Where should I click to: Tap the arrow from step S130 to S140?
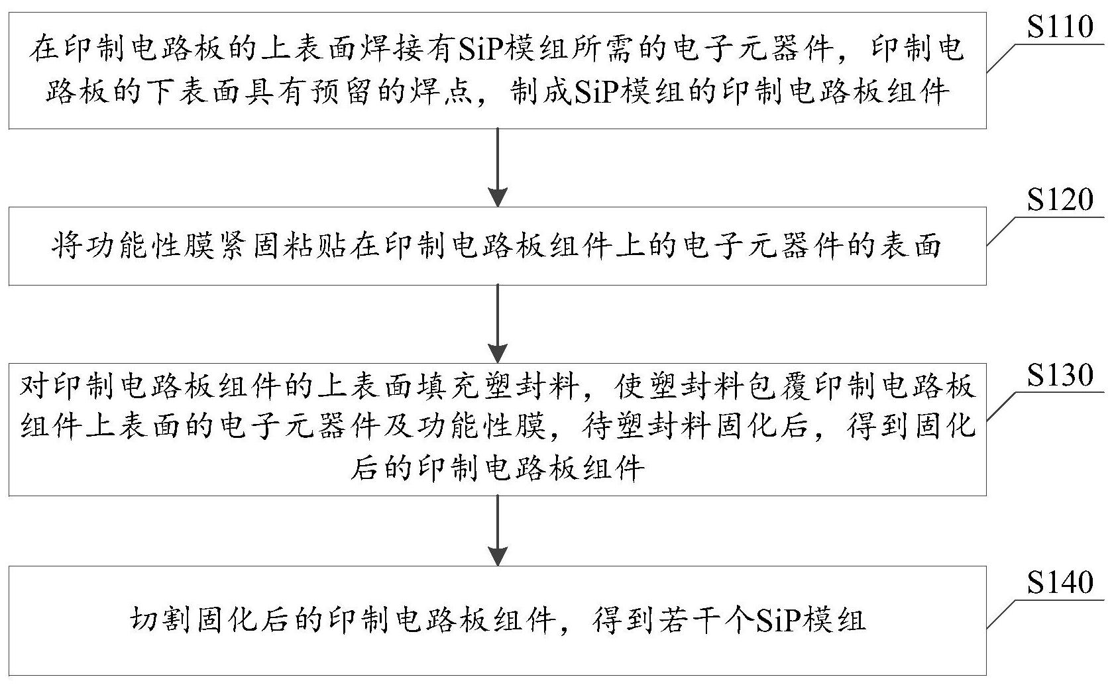point(497,530)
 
